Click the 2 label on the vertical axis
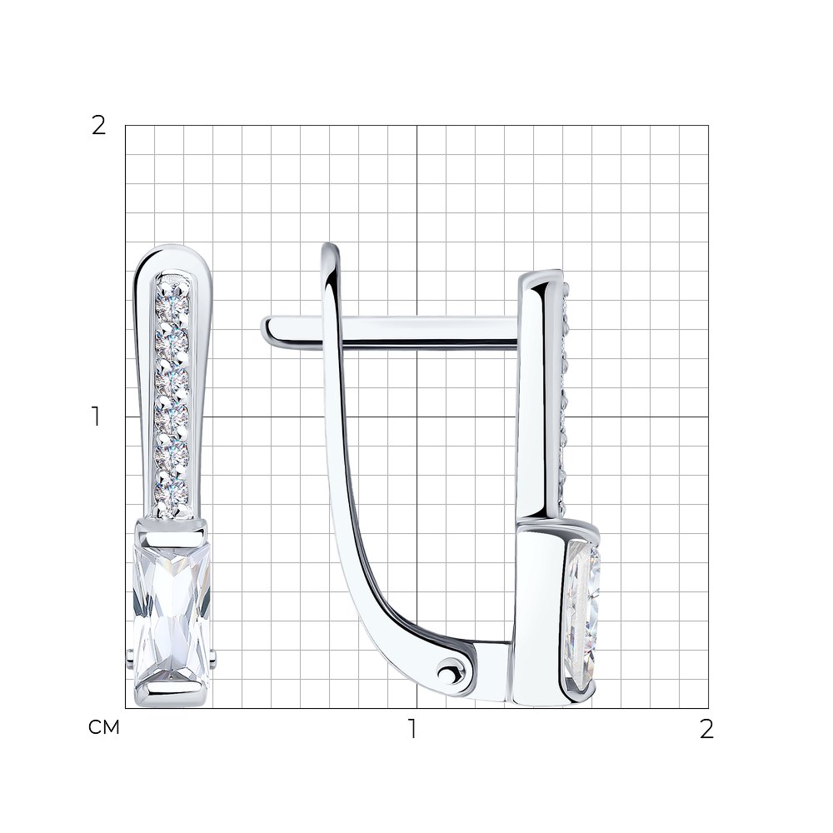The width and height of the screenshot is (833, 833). click(99, 127)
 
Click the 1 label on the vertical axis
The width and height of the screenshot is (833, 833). click(96, 417)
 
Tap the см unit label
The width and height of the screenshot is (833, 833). click(104, 727)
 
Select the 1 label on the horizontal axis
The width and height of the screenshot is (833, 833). click(412, 729)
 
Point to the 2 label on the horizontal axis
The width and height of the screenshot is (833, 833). click(706, 729)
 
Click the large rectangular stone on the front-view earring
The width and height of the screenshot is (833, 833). click(172, 616)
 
